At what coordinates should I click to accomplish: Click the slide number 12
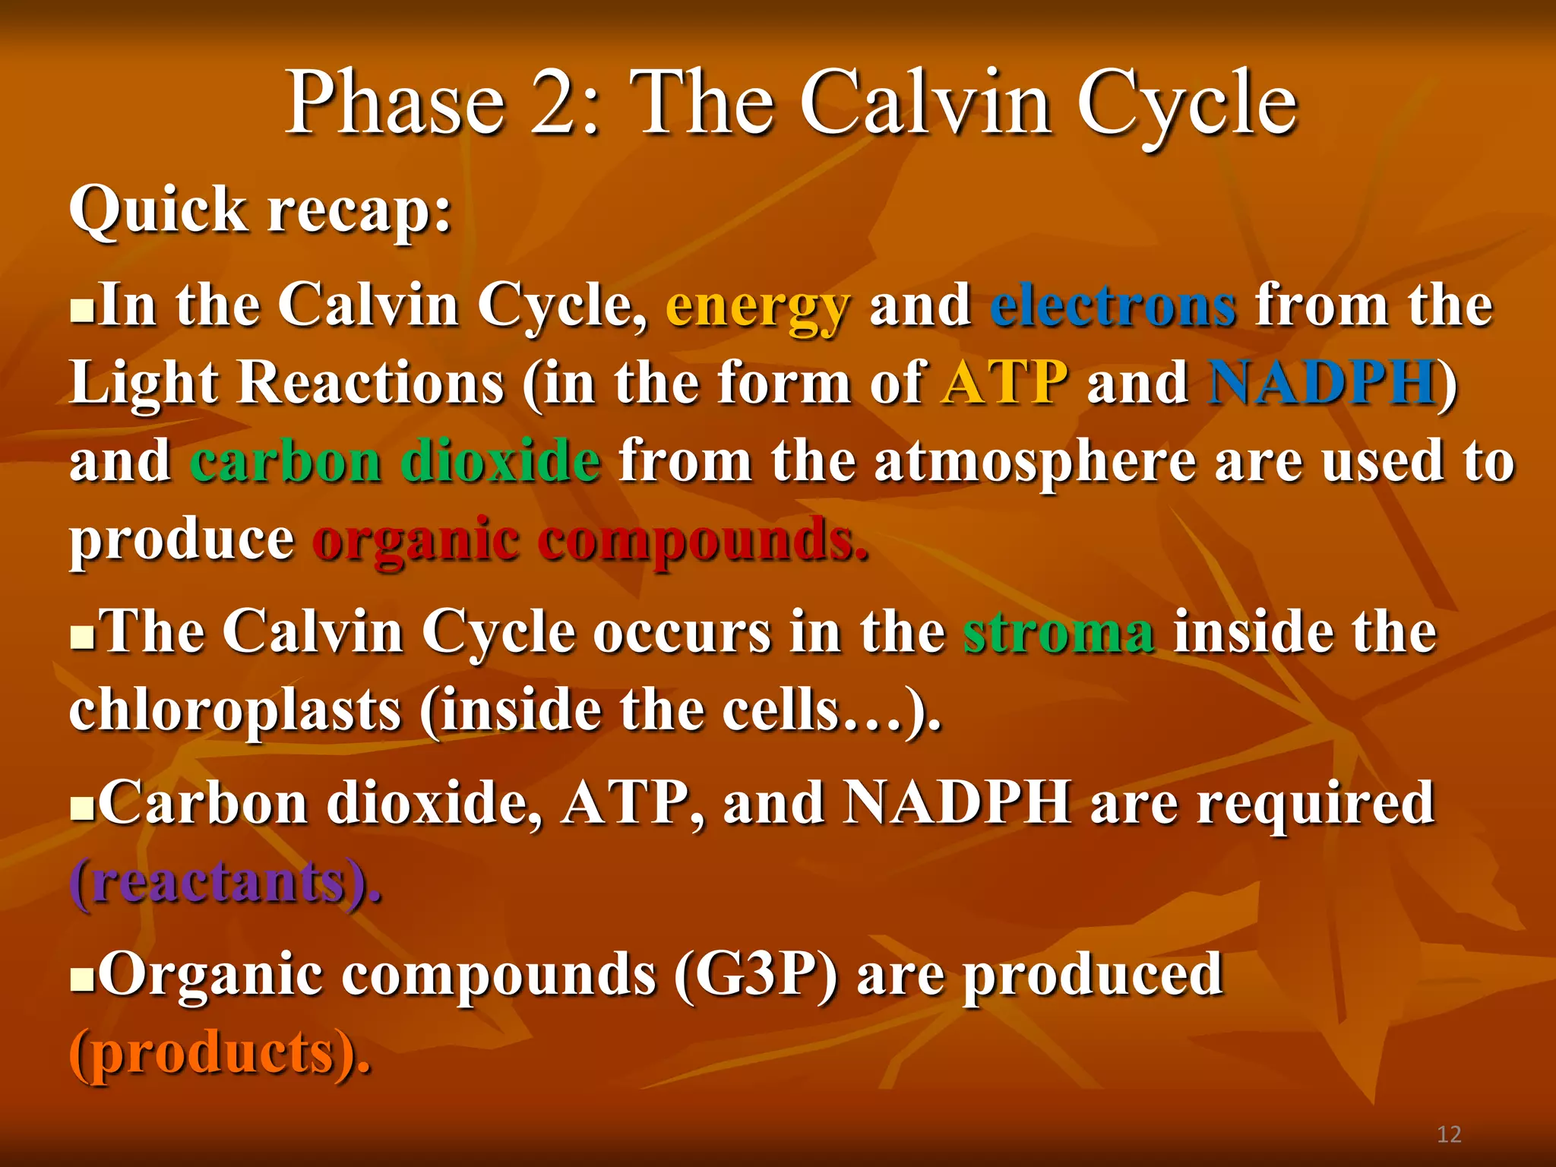[x=1449, y=1134]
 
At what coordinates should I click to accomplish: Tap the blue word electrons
[x=1113, y=306]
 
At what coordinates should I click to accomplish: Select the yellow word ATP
[x=1004, y=383]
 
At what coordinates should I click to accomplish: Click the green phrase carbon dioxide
[x=395, y=462]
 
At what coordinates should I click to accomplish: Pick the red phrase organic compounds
[x=590, y=541]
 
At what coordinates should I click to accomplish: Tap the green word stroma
[x=1059, y=632]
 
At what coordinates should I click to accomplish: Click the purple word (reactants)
[x=225, y=883]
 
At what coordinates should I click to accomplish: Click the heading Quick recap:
[x=261, y=210]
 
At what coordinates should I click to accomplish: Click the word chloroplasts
[x=235, y=711]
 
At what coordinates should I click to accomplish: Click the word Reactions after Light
[x=371, y=383]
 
